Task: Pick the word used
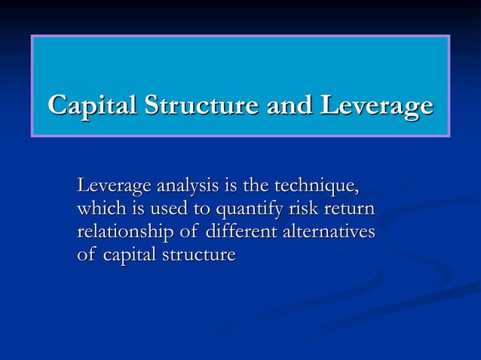click(169, 209)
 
